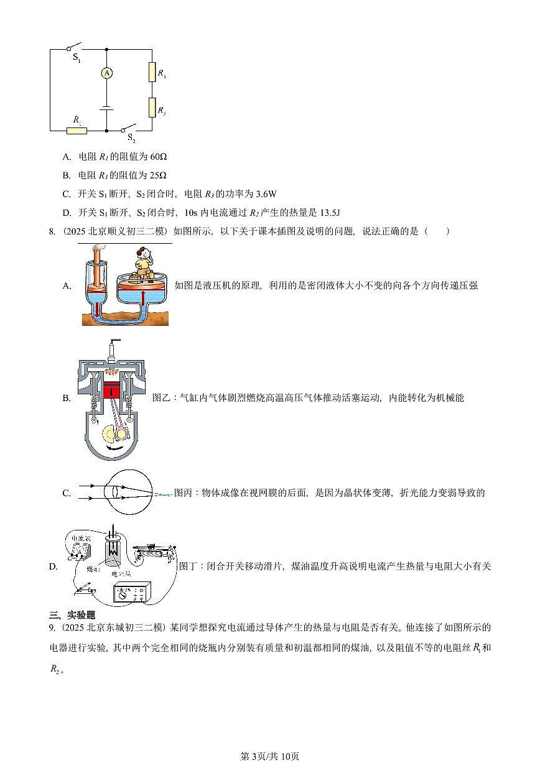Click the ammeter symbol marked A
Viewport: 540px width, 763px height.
click(x=107, y=73)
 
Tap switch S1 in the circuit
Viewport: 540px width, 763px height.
click(x=74, y=47)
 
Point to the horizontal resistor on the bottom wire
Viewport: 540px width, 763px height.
click(x=77, y=131)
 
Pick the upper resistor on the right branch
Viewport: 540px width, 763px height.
click(x=152, y=73)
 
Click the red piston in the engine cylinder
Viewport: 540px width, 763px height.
click(x=113, y=392)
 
